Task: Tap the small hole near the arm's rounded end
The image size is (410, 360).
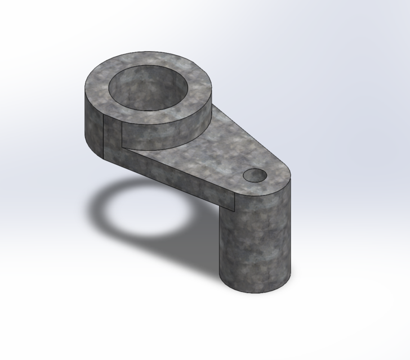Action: (x=255, y=175)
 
